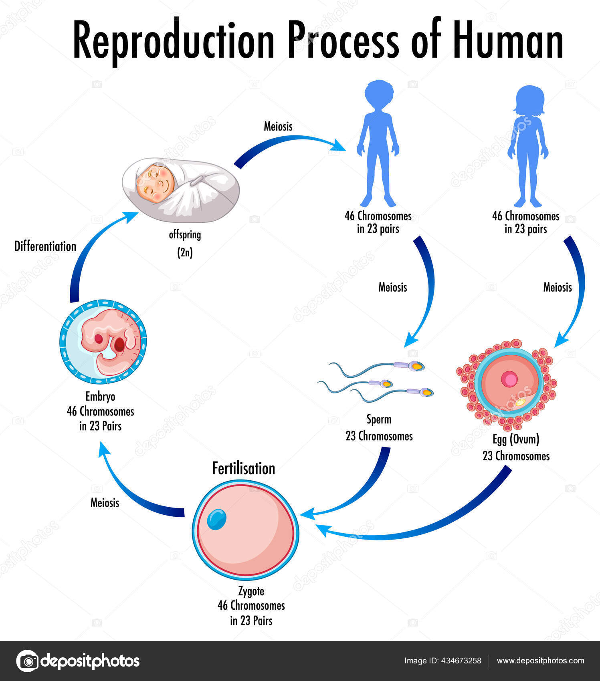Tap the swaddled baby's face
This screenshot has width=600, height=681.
[156, 183]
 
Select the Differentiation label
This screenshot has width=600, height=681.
[45, 246]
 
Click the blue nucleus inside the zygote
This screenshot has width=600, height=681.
[216, 519]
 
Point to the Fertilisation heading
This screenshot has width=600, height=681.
[243, 468]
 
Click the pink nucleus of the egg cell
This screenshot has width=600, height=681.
[509, 379]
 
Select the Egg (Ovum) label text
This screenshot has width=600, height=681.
[516, 439]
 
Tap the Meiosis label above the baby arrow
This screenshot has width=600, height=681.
[278, 126]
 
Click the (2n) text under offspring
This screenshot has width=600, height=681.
[185, 253]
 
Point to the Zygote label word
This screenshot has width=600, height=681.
[251, 591]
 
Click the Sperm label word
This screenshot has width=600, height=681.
[379, 419]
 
